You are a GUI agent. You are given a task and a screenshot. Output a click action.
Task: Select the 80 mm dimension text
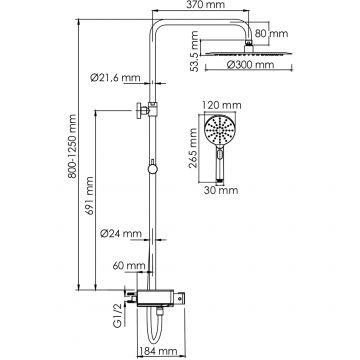(x=272, y=34)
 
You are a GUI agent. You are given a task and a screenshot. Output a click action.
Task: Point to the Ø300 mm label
(x=251, y=64)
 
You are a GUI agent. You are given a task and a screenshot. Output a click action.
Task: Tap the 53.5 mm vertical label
(x=194, y=51)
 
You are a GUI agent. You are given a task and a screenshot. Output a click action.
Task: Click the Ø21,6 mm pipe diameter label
(x=115, y=78)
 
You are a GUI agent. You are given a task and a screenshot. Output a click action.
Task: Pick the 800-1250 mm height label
(x=72, y=146)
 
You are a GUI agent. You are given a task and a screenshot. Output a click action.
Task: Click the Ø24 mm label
(x=121, y=234)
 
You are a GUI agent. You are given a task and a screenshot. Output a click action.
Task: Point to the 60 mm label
(x=129, y=266)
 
